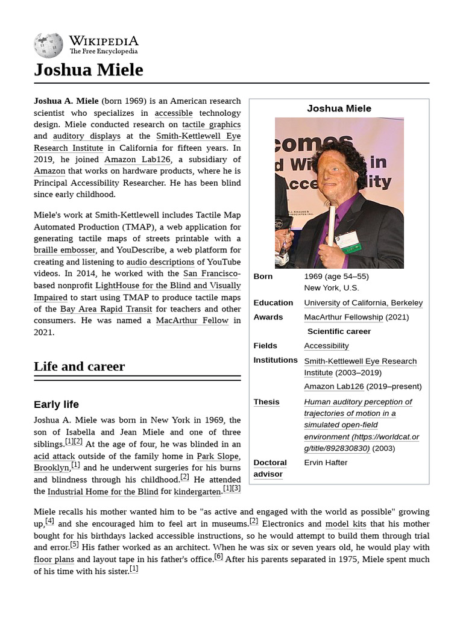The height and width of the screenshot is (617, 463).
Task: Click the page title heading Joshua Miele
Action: [x=89, y=70]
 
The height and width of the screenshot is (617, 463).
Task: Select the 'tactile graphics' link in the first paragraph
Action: [x=211, y=125]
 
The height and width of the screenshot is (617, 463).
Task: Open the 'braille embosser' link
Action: [x=65, y=250]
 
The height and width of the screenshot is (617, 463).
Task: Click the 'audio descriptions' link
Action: [x=160, y=262]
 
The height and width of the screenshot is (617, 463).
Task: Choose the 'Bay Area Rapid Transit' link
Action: [x=106, y=309]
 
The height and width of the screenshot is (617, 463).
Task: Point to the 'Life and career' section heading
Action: [x=80, y=366]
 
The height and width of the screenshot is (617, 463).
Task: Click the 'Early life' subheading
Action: [x=56, y=404]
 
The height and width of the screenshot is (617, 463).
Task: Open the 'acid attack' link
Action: [x=54, y=456]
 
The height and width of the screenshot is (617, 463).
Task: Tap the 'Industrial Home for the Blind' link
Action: [x=103, y=492]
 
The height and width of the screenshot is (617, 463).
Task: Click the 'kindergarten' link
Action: [x=197, y=492]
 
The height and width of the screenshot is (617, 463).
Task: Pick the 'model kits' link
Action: [x=345, y=524]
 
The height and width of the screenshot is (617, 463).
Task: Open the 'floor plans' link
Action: [x=54, y=559]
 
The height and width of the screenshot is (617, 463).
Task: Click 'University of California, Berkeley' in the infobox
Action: [x=363, y=302]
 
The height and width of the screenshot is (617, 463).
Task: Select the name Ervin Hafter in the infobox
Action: [x=326, y=462]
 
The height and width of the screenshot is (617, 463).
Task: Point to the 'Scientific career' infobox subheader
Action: [x=339, y=331]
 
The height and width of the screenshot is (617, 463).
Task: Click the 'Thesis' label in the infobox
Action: [x=266, y=402]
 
